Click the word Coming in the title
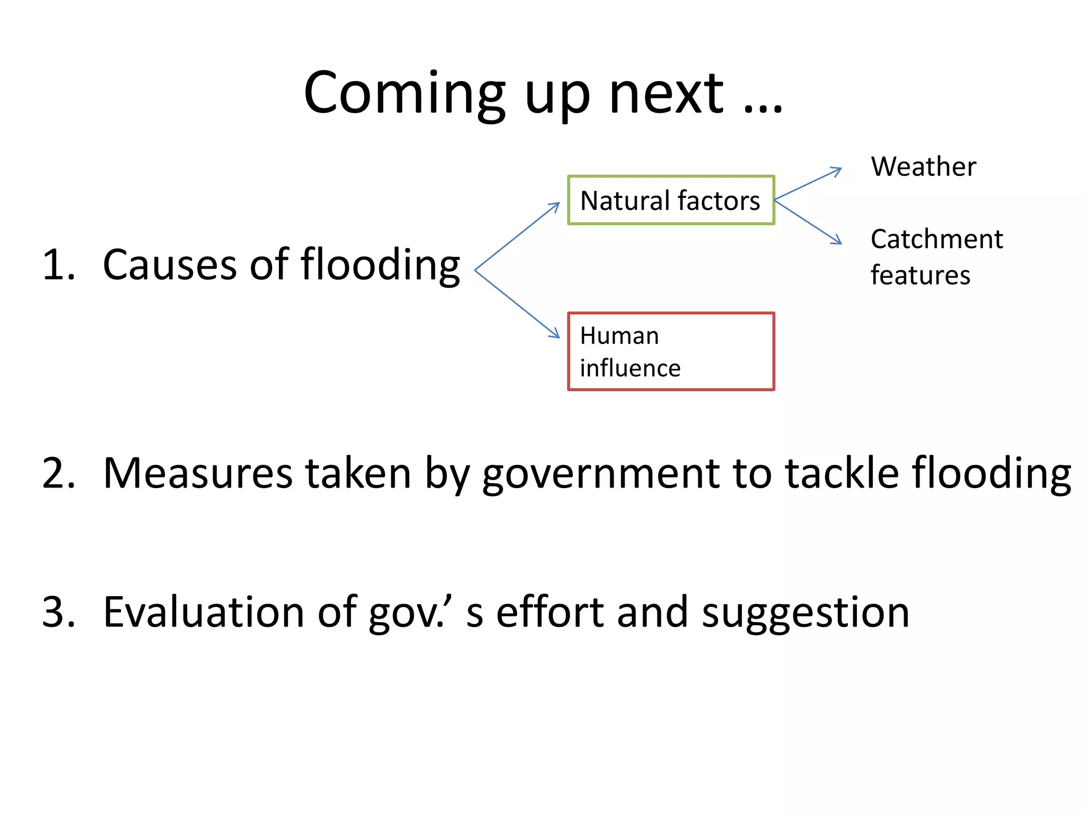coord(405,94)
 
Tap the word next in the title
coord(666,94)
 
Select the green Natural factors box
coord(671,200)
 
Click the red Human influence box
coord(671,351)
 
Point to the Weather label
coord(923,166)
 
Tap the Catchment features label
coord(936,257)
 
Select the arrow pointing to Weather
coord(808,184)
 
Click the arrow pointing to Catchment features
coord(808,222)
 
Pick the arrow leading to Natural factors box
coord(517,236)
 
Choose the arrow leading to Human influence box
coord(517,304)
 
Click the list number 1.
coord(58,264)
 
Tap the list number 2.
coord(58,473)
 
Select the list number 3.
coord(58,612)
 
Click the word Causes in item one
coord(170,264)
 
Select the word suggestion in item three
coord(805,612)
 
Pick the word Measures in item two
coord(198,473)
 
